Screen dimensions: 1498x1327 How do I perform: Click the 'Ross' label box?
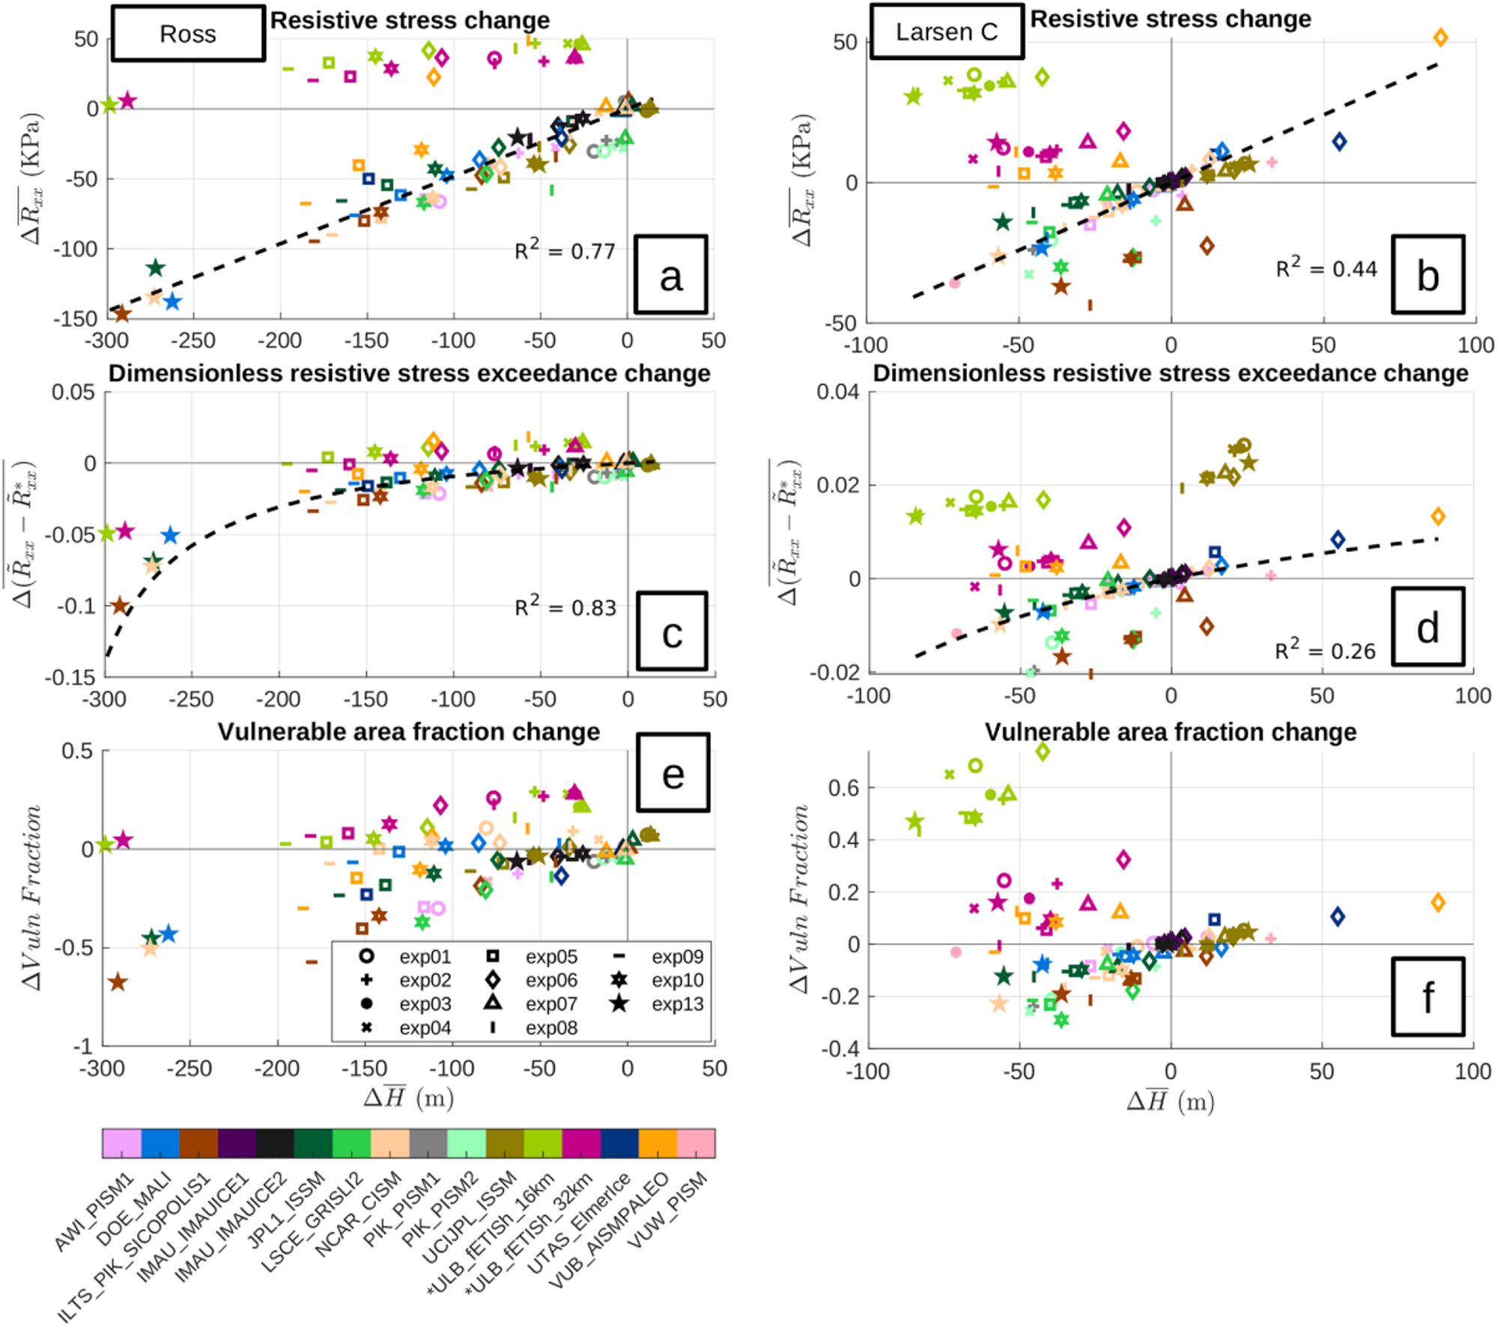point(188,34)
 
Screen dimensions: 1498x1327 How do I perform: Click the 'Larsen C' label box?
point(947,31)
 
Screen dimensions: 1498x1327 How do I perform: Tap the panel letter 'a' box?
point(670,274)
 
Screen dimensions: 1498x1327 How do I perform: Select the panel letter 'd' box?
point(1428,626)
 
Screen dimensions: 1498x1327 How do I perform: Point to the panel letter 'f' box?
point(1428,997)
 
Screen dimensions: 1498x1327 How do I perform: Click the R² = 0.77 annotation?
point(565,250)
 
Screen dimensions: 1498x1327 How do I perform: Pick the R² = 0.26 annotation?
point(1325,650)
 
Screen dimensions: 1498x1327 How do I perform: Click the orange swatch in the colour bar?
point(658,1143)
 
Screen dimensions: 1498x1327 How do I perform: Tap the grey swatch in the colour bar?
point(428,1143)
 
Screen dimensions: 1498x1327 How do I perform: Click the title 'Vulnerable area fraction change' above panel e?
point(409,731)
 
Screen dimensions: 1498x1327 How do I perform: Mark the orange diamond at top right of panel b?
point(1440,37)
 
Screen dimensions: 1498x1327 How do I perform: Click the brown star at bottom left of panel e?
point(118,982)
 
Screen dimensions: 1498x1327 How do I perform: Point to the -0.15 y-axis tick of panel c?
point(70,677)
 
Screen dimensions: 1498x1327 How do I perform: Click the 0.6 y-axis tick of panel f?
point(843,788)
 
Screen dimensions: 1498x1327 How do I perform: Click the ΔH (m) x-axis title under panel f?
point(1170,1100)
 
